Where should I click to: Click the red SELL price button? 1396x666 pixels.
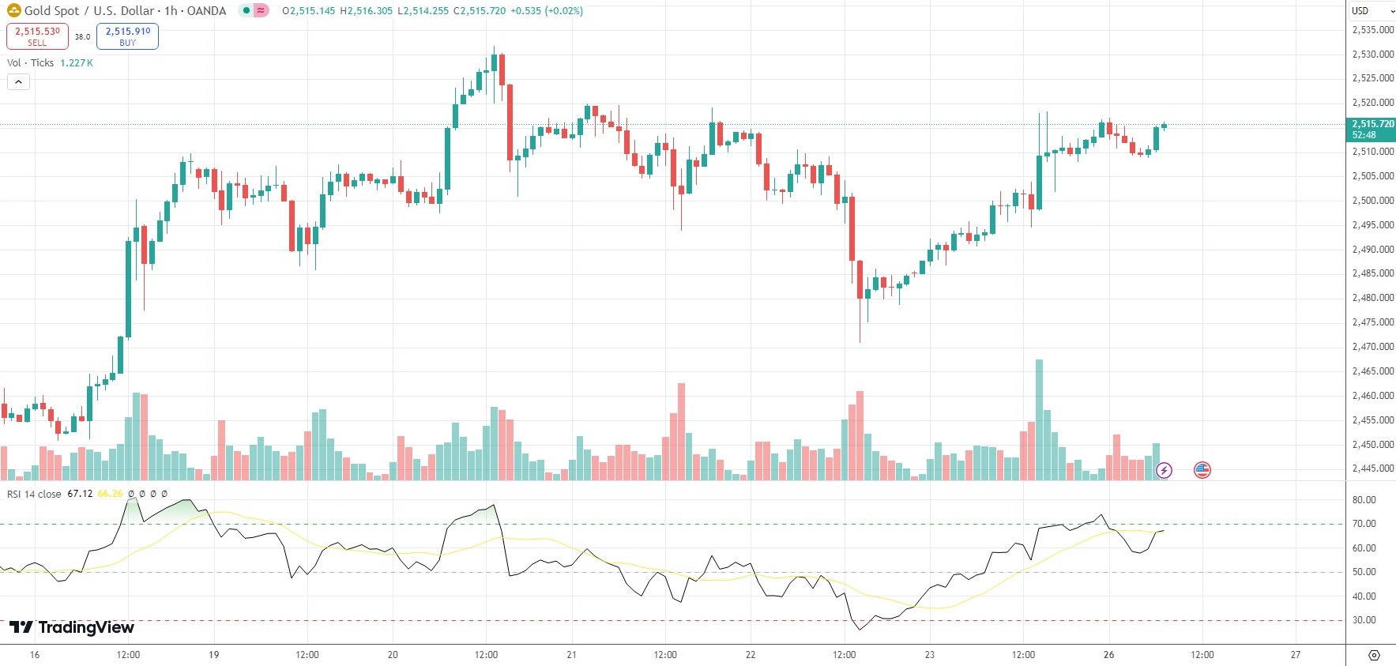(37, 36)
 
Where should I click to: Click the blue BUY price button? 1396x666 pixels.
(127, 36)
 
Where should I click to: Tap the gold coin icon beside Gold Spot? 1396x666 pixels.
(13, 11)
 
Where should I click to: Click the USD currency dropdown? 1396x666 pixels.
(1371, 10)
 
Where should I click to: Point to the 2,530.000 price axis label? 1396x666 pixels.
(1372, 55)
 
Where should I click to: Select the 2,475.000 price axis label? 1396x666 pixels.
(1372, 322)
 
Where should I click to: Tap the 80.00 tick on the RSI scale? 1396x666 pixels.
(1364, 500)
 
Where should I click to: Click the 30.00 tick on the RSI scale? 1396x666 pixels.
(1364, 620)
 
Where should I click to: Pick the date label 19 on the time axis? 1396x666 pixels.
(213, 655)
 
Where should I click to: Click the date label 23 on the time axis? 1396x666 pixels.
(930, 655)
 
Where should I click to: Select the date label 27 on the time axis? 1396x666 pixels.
(1295, 655)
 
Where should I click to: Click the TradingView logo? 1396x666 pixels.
(72, 627)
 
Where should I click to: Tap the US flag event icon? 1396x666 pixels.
(1202, 470)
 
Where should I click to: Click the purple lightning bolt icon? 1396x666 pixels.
(1164, 471)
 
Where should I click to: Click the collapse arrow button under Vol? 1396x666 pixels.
(18, 81)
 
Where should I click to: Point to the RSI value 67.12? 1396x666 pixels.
(80, 494)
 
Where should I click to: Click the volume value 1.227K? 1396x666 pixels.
(77, 63)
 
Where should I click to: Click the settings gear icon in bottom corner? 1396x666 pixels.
(1374, 655)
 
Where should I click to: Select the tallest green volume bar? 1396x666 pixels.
(1039, 419)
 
